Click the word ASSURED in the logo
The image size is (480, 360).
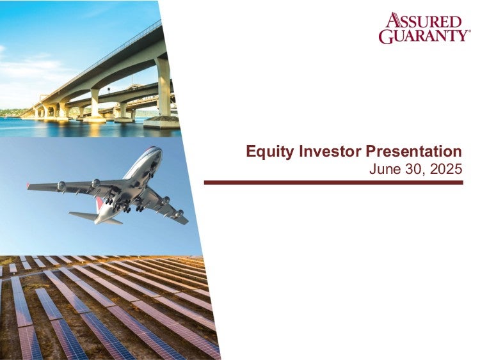(x=424, y=20)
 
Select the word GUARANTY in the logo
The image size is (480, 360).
(x=422, y=36)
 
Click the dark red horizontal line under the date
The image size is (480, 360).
(x=333, y=183)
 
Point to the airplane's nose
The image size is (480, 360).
(x=158, y=150)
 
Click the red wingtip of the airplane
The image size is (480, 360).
(x=28, y=185)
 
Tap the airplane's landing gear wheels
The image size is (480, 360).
(x=125, y=205)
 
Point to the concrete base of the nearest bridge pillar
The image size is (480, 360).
(x=161, y=122)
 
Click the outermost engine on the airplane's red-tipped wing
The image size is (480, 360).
(x=61, y=185)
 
